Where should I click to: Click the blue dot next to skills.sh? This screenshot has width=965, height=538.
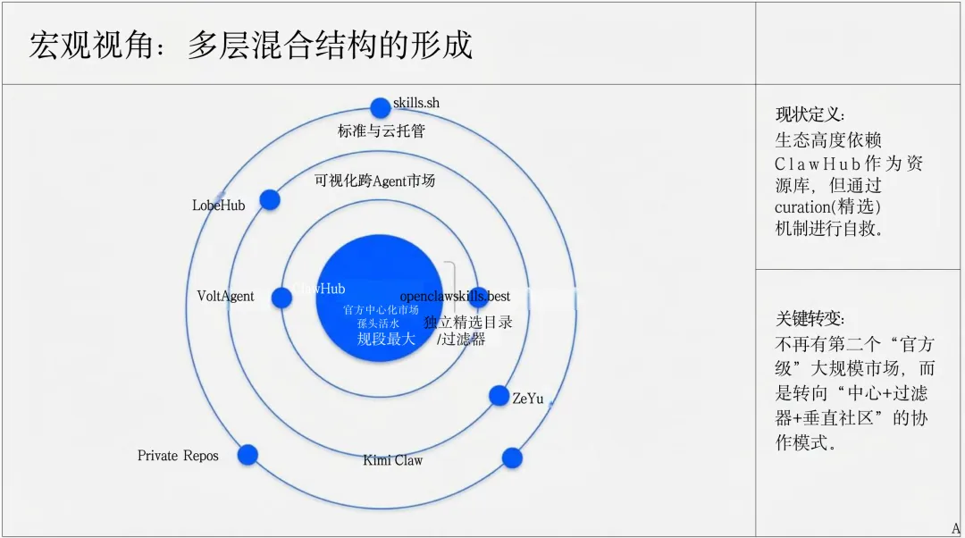pos(380,108)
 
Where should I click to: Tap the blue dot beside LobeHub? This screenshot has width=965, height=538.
pos(269,200)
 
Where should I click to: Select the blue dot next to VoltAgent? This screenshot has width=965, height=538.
pos(281,297)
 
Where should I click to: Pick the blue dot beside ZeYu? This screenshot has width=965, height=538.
pos(499,395)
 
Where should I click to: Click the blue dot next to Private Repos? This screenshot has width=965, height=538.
pos(248,455)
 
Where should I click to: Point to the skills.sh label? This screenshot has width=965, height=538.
pos(417,103)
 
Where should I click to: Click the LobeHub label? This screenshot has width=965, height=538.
pos(218,206)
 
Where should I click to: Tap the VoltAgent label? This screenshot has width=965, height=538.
pos(225,296)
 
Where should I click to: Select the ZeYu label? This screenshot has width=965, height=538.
pos(528,399)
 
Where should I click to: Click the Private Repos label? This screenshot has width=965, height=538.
pos(178,456)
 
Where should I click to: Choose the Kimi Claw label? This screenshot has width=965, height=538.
pos(392,460)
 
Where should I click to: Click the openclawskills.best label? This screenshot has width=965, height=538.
pos(456,296)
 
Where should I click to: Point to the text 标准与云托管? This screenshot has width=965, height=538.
pos(381,131)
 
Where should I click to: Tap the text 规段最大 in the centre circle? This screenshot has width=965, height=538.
pos(386,339)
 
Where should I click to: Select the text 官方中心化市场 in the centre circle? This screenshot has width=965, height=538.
pos(381,310)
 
